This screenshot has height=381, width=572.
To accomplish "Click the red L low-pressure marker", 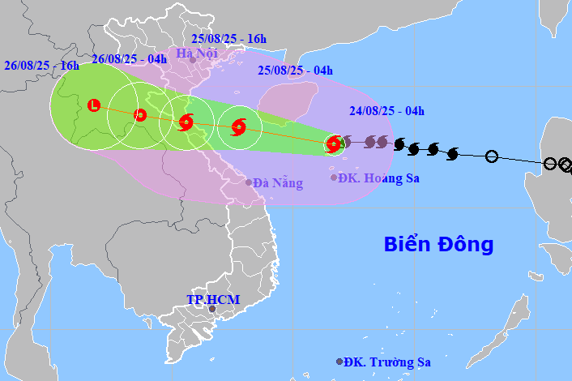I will pyautogui.click(x=94, y=105).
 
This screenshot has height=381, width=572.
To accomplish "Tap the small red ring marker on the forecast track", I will pyautogui.click(x=140, y=114).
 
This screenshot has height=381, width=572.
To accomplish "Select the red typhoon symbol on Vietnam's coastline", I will pyautogui.click(x=186, y=122).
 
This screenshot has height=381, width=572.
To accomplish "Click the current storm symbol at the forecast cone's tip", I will pyautogui.click(x=333, y=145).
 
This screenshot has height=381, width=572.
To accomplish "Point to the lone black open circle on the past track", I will pyautogui.click(x=491, y=156).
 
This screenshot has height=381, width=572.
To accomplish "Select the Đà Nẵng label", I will pyautogui.click(x=278, y=183).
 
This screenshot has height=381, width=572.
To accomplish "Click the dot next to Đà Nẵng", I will pyautogui.click(x=249, y=182).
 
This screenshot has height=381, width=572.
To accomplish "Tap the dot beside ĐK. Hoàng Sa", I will pyautogui.click(x=334, y=178).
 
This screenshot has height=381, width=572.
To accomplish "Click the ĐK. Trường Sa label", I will pyautogui.click(x=387, y=362).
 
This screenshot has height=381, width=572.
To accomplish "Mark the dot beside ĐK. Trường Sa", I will pyautogui.click(x=339, y=362).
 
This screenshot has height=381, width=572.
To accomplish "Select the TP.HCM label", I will pyautogui.click(x=213, y=299).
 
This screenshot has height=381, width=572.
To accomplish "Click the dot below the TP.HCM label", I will pyautogui.click(x=212, y=309).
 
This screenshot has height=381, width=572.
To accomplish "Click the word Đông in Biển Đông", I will pyautogui.click(x=467, y=244).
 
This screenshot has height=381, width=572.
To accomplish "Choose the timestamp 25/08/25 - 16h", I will pyautogui.click(x=229, y=38).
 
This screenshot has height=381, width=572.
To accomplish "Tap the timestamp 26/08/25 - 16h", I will pyautogui.click(x=41, y=65).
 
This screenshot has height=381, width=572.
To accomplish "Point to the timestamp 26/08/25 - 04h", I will pyautogui.click(x=129, y=58).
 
